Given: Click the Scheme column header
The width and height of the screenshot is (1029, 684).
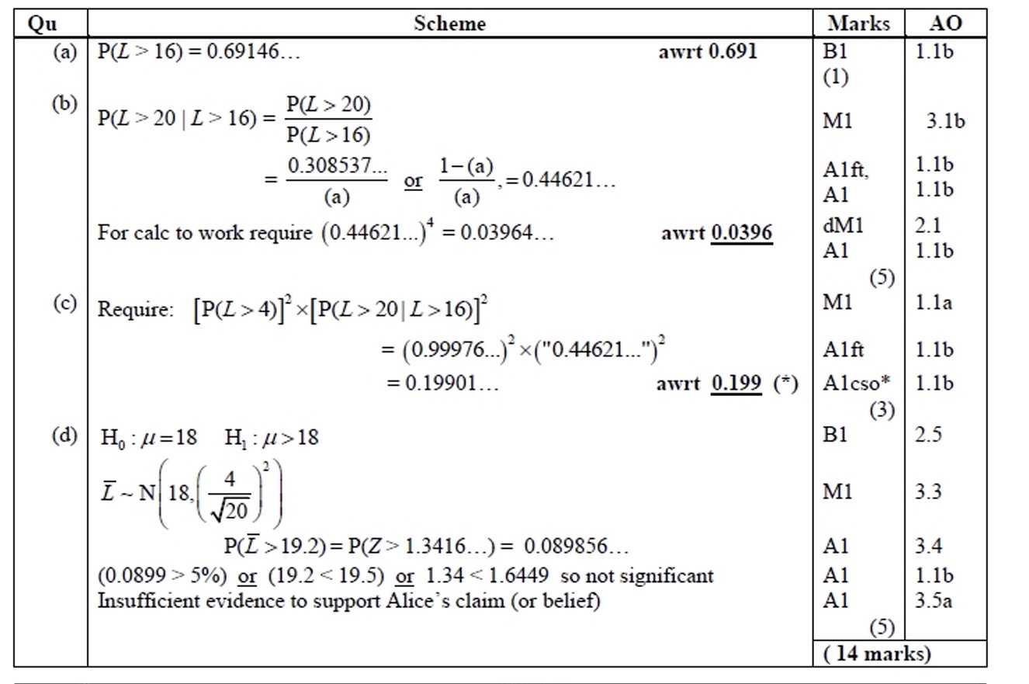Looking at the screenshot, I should coord(449,23).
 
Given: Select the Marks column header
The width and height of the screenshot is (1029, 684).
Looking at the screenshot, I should coord(858,23).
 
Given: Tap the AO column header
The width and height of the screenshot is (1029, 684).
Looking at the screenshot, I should coord(945,23).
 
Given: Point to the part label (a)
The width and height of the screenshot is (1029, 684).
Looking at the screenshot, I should coord(66,52).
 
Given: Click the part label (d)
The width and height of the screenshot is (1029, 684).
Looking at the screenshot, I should coord(66,436).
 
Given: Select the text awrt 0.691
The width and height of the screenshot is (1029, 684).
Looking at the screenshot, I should coord(707,53).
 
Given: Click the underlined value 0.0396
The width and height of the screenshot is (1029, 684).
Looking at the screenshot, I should coord(741,233).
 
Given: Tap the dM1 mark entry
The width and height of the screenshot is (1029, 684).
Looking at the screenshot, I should coord(843,225).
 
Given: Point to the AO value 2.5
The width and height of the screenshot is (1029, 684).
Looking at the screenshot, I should coord(927,435).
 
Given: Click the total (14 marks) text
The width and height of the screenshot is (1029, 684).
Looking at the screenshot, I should coord(876,654).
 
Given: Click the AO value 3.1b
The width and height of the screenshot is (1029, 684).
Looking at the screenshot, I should coord(945,121).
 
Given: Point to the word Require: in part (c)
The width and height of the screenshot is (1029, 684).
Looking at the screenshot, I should coord(133,310).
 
